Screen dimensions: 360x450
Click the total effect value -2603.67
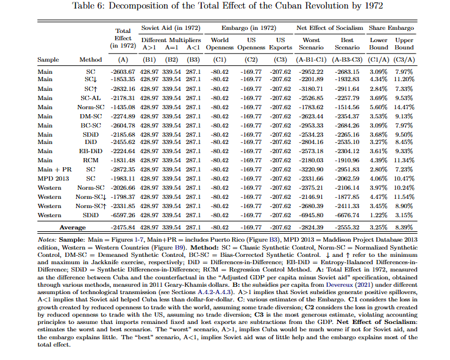pos(123,71)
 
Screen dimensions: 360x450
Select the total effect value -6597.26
pos(123,215)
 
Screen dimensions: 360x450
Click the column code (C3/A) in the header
pos(403,60)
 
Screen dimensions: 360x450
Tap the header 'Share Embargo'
pos(391,29)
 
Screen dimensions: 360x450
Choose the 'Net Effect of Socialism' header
pos(329,29)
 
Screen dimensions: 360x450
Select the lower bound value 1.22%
pos(379,215)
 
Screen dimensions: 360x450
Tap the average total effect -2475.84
pos(123,227)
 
